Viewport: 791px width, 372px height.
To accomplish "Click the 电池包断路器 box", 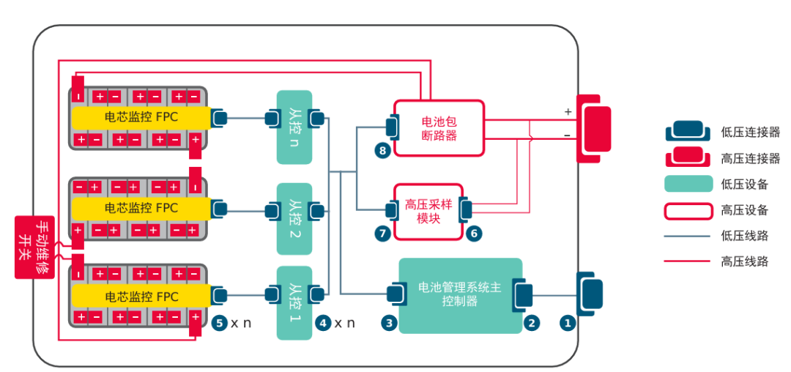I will coord(439,127).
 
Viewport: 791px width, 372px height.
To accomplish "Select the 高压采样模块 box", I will coord(428,212).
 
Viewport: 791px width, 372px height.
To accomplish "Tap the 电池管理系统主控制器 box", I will coord(460,294).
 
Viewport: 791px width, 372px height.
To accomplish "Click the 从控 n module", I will coord(294,127).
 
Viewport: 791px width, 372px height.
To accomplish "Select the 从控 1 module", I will coord(294,302).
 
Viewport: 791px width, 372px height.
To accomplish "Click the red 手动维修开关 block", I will coord(35,247).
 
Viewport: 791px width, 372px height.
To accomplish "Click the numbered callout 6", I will coord(474,234).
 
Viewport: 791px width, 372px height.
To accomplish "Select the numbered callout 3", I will coord(390,322).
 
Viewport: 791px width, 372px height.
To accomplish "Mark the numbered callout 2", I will coord(532,322).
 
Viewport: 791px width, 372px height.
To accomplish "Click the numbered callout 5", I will coord(219,322).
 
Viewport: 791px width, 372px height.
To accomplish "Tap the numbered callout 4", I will coord(323,322).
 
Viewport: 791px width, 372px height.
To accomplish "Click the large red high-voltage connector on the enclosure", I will coord(594,128).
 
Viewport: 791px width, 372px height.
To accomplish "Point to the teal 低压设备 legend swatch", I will coord(688,184).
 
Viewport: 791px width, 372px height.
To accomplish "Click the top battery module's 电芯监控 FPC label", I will coord(141,117).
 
